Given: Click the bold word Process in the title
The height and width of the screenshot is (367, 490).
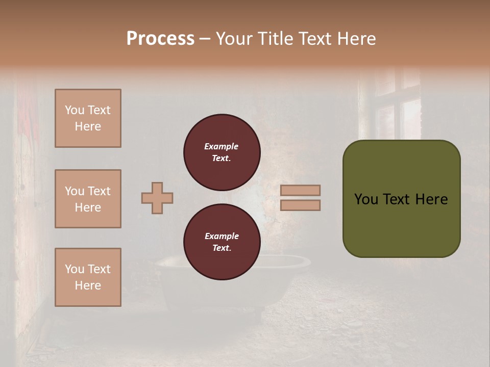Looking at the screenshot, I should point(160,39).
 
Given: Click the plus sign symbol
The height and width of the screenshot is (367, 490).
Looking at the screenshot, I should point(157,198).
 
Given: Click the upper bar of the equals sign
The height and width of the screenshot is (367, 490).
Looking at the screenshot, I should point(301,190).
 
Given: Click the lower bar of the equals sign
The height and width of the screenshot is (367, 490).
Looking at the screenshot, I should point(301,205).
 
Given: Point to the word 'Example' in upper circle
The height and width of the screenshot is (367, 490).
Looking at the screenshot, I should point(222,146).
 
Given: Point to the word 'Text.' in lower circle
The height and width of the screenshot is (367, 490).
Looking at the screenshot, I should point(222,248).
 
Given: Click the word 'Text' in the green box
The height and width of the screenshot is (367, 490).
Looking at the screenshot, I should point(397,199).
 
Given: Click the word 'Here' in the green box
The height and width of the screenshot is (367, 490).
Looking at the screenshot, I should point(431,199).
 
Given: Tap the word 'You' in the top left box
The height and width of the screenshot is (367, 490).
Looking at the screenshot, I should point(74,110).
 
